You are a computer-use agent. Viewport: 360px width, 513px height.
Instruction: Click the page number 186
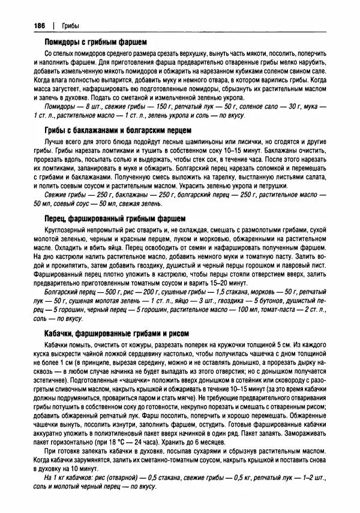[28, 25]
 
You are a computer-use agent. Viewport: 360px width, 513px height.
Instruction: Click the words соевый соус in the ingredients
[71, 204]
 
